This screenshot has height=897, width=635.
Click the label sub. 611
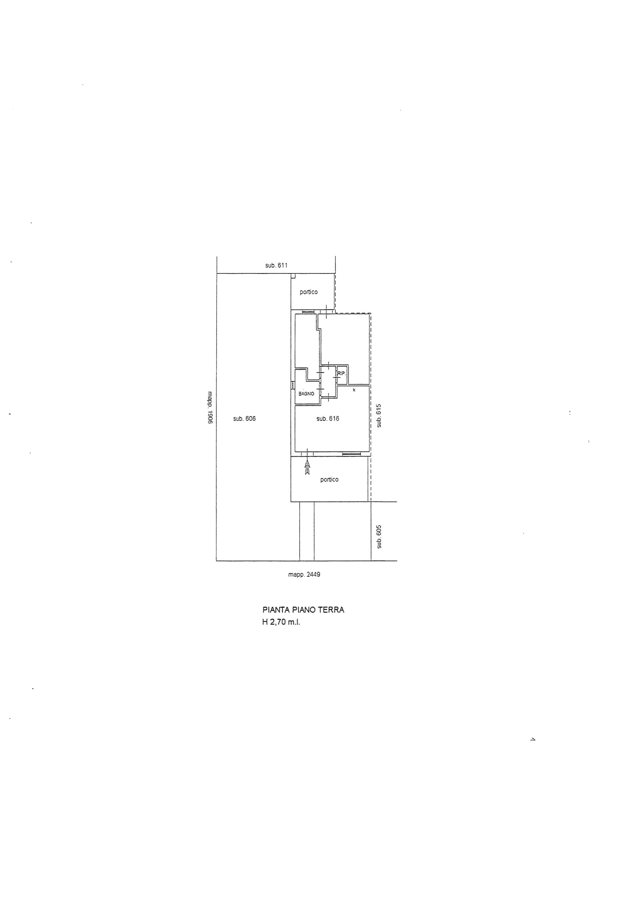[277, 265]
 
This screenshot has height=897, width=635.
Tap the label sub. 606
[244, 418]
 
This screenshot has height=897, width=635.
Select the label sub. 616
[328, 418]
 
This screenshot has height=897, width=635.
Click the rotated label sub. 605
[378, 537]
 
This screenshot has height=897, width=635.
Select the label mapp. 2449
[304, 574]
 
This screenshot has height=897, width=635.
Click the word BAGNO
[306, 394]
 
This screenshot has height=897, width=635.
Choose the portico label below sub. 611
[309, 292]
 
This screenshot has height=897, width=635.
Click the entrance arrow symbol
[307, 467]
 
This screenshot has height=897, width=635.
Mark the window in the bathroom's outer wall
[292, 385]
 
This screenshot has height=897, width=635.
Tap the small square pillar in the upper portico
[293, 276]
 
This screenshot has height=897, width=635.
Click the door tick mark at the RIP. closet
[336, 378]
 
